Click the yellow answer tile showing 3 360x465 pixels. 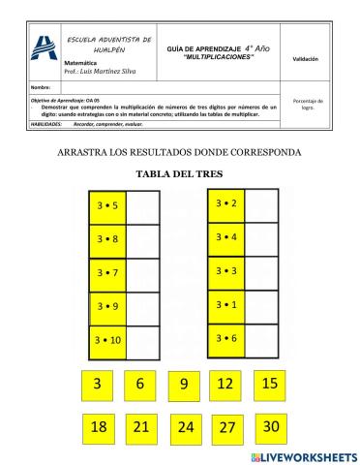[97, 385]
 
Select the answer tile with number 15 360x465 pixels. [271, 385]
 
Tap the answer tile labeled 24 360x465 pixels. [186, 426]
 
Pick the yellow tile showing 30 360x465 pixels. [271, 425]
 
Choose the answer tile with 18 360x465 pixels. [98, 426]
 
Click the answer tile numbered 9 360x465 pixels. [184, 386]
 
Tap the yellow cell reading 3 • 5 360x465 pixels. [108, 206]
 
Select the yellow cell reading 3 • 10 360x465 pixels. [108, 341]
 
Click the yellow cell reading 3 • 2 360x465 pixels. [226, 203]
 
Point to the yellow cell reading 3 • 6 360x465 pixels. [226, 338]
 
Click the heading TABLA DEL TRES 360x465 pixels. [179, 173]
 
